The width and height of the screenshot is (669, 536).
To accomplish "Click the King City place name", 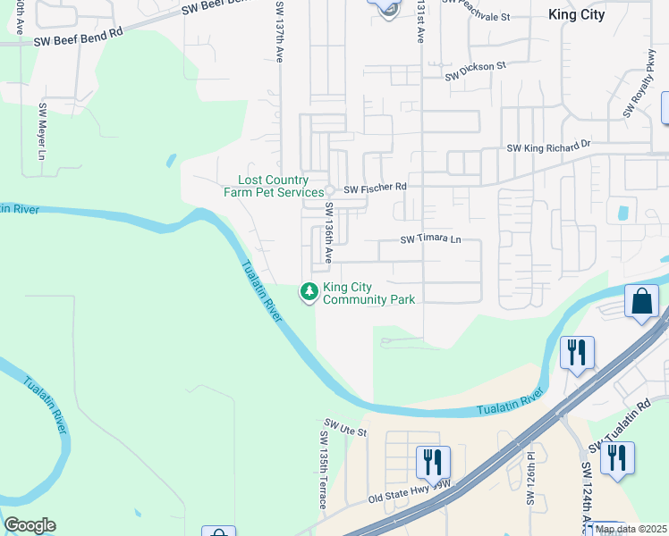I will pos(576,14).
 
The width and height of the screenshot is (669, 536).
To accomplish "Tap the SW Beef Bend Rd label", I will pos(78,37).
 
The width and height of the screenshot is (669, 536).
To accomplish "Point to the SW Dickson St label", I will pos(477,69).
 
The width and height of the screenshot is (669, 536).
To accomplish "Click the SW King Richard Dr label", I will pos(548,146).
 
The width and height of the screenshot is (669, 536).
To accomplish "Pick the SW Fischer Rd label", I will pos(376,188).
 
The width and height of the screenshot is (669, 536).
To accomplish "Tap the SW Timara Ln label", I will pos(430,239).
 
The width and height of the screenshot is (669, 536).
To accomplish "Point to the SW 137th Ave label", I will pos(280,30).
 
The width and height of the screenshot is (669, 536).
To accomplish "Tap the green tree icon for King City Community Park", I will pos(309,292).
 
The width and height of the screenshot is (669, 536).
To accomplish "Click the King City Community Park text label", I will pos(368,293).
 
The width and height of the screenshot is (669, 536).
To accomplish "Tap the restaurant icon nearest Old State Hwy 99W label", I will pos(433,462).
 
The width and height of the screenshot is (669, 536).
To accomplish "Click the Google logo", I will pos(30,525).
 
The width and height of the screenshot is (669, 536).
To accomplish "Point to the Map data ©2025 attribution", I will pos(631,529).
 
